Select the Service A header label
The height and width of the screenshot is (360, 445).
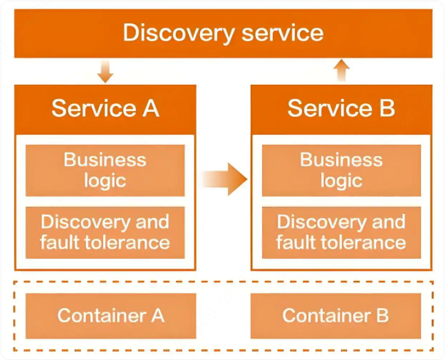click(x=105, y=108)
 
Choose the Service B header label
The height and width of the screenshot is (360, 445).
click(x=341, y=108)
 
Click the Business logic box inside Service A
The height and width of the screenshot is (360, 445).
click(x=105, y=170)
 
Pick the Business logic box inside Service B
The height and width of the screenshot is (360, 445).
click(x=341, y=170)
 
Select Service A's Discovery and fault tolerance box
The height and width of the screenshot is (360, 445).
click(x=105, y=232)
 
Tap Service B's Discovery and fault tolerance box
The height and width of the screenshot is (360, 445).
click(x=341, y=232)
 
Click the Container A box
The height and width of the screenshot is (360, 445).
click(x=111, y=315)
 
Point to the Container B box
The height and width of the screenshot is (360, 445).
click(x=335, y=315)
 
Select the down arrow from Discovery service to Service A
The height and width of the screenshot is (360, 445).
click(x=105, y=71)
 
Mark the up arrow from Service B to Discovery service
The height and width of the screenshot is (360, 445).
click(x=342, y=70)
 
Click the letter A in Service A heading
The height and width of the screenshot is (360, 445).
click(x=151, y=108)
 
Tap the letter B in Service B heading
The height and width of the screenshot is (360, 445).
click(x=387, y=108)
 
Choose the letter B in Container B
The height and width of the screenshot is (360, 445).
click(x=382, y=315)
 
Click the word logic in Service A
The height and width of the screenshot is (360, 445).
click(x=105, y=181)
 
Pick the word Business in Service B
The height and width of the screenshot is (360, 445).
click(x=341, y=159)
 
